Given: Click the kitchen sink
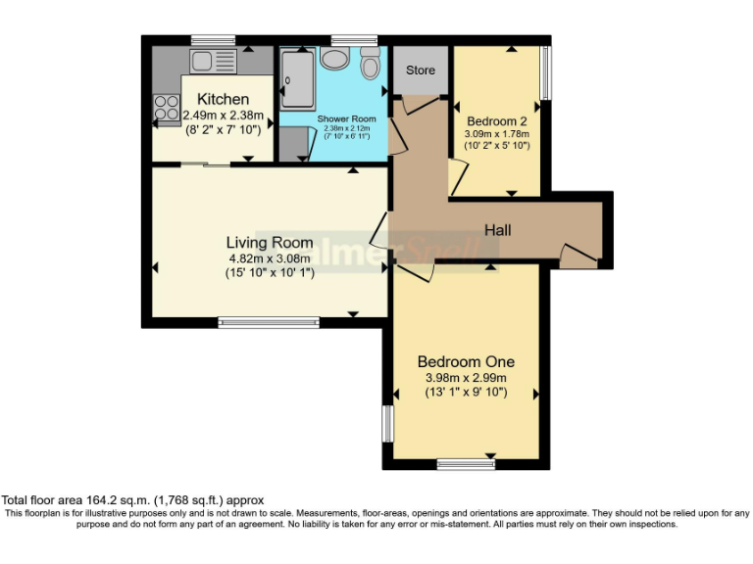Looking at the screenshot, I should pyautogui.click(x=213, y=62).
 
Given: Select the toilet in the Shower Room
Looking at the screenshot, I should pyautogui.click(x=370, y=66).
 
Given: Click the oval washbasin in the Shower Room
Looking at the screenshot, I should pyautogui.click(x=334, y=59).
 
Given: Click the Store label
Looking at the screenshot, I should pyautogui.click(x=421, y=70).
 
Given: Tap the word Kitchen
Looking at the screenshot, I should pyautogui.click(x=224, y=100).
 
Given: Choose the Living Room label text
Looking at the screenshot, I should pyautogui.click(x=270, y=243).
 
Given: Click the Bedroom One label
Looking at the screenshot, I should pyautogui.click(x=466, y=361).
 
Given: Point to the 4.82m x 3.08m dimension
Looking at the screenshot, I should pyautogui.click(x=270, y=258).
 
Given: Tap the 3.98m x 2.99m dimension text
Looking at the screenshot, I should pyautogui.click(x=466, y=378).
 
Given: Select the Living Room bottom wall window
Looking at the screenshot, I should pyautogui.click(x=269, y=322).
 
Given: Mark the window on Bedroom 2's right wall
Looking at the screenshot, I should pyautogui.click(x=546, y=73).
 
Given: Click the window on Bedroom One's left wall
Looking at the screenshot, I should pyautogui.click(x=387, y=424).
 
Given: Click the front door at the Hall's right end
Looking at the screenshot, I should pyautogui.click(x=578, y=257).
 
